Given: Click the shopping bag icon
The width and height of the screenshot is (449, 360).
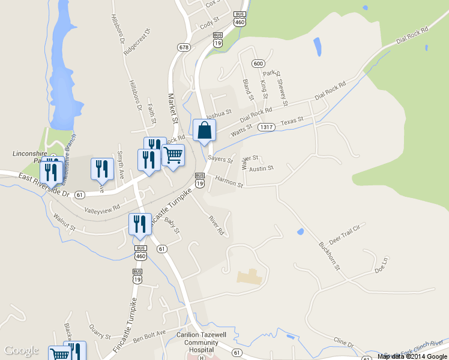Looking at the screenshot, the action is [x=204, y=130].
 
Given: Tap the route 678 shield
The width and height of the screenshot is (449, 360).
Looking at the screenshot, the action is [x=184, y=47].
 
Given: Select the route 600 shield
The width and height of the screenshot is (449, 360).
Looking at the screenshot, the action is [x=258, y=63].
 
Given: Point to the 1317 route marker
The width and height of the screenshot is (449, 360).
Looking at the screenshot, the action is [x=267, y=127].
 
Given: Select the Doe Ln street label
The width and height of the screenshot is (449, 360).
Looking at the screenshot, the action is [x=382, y=265].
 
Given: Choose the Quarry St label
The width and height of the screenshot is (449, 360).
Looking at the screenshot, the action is [x=100, y=332].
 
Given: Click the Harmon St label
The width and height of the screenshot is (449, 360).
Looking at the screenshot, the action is [x=229, y=181].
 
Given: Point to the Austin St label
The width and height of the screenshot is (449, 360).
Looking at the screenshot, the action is [x=262, y=168].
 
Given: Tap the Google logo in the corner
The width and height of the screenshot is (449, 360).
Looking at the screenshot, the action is [x=21, y=350].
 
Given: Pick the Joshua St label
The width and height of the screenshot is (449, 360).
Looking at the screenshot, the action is [x=218, y=113].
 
